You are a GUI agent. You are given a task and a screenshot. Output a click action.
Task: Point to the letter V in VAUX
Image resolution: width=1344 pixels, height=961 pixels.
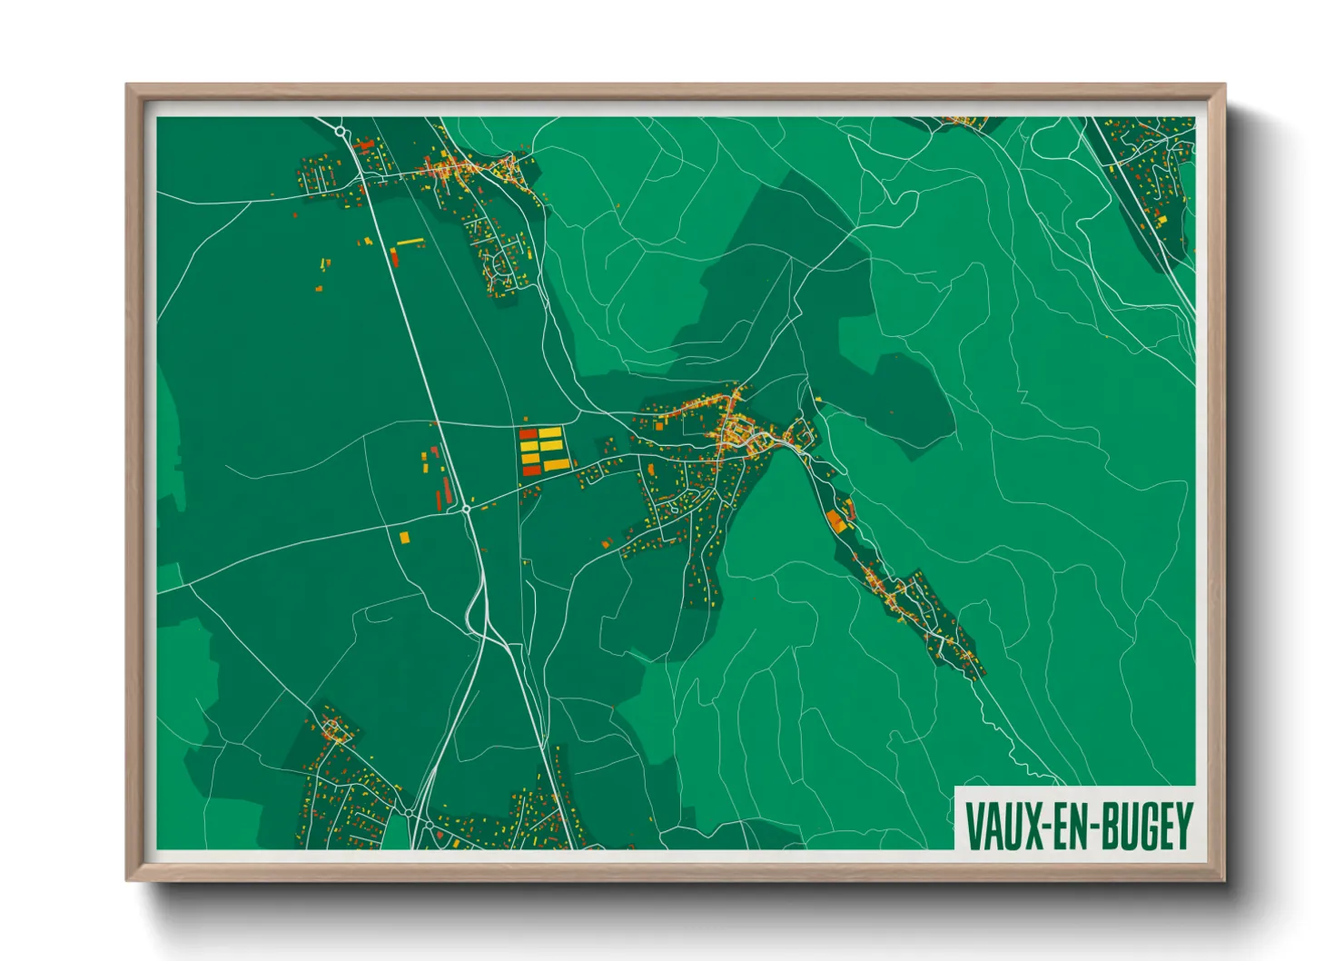(x=973, y=825)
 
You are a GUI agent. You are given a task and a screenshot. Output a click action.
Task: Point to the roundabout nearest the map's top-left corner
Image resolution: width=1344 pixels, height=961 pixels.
(x=341, y=133)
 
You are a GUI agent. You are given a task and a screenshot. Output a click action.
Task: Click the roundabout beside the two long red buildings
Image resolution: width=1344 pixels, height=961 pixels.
(x=466, y=510)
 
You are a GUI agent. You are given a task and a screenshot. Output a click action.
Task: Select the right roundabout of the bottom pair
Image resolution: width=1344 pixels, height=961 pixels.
(x=429, y=825)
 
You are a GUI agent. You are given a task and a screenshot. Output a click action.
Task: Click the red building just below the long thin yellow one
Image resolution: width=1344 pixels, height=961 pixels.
(x=395, y=256)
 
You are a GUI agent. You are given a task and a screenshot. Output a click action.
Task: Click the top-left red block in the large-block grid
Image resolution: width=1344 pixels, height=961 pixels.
(x=529, y=434)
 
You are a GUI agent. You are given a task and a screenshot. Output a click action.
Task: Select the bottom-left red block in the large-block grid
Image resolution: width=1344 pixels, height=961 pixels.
(x=529, y=470)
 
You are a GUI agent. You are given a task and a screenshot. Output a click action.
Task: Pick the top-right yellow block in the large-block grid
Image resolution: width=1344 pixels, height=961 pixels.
(x=550, y=433)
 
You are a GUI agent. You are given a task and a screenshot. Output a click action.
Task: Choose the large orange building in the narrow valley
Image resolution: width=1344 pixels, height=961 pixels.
(x=835, y=521)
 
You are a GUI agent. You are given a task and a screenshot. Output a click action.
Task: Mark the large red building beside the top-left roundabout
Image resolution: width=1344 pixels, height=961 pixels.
(x=367, y=143)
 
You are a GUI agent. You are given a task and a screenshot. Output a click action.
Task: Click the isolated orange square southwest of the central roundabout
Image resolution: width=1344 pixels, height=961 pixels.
(x=405, y=537)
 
